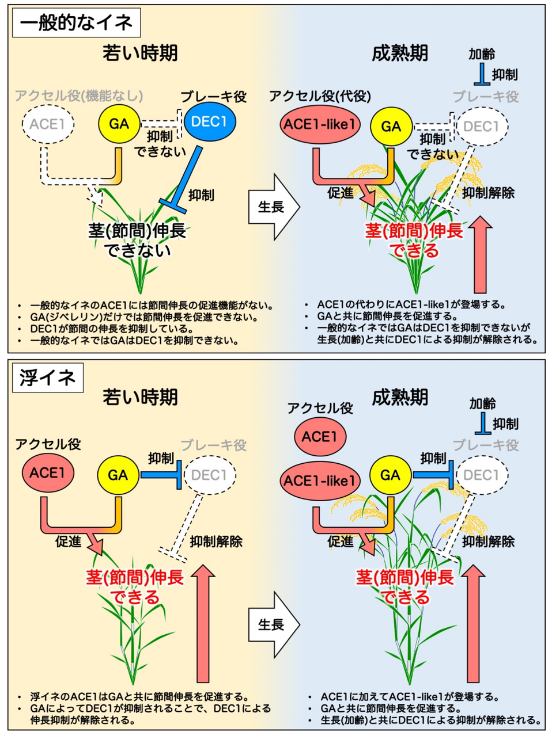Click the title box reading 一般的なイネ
tap(75, 23)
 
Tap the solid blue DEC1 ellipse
tap(210, 121)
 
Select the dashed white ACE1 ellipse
tap(48, 124)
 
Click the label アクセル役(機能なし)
tap(79, 95)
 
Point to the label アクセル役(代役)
tap(320, 96)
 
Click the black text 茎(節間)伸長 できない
tap(137, 241)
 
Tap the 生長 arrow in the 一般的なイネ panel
tap(273, 207)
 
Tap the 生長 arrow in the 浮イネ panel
tap(273, 624)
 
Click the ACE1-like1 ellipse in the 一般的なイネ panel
tap(320, 124)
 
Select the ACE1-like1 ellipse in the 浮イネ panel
tap(320, 479)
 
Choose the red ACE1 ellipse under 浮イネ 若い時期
tap(48, 473)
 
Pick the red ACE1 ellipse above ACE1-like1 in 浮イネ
tap(320, 437)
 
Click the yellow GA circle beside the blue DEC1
tap(119, 124)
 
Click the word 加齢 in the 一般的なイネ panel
tap(482, 54)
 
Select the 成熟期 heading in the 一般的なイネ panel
tap(400, 53)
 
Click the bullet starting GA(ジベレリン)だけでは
tap(144, 317)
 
